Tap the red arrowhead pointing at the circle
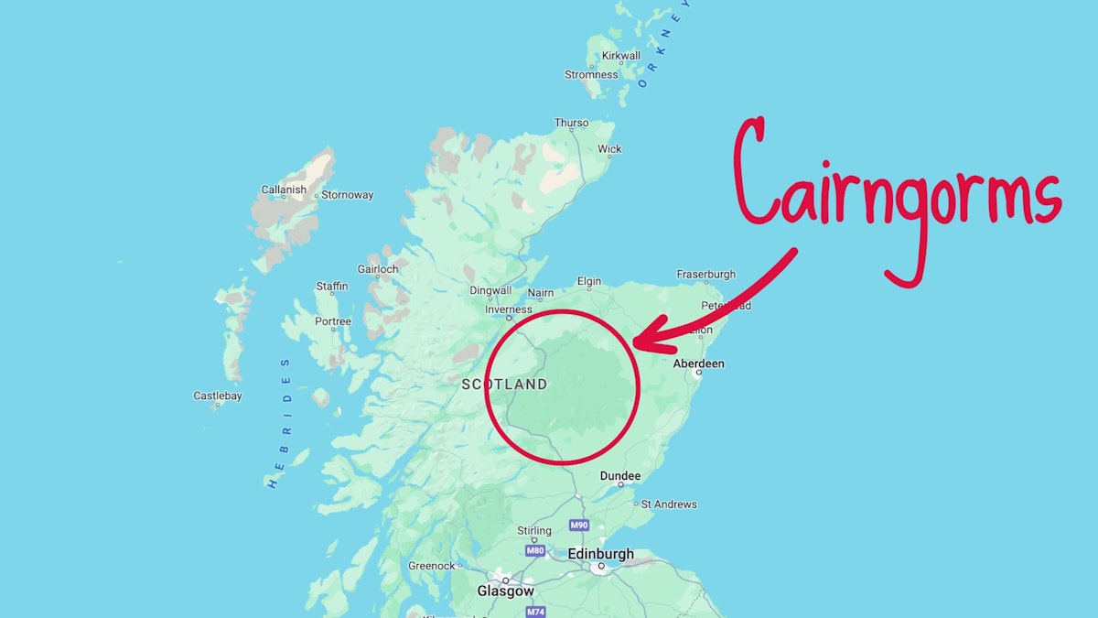coord(643,341)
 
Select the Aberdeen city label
coord(698,363)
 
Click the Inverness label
coord(508,309)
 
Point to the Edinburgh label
coord(600,554)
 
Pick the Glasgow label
coord(505,591)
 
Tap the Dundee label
coord(620,476)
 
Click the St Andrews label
coord(669,504)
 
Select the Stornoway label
coord(348,195)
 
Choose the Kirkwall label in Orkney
coord(620,56)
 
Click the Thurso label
coord(572,123)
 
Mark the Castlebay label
coord(217,396)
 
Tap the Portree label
coord(333,321)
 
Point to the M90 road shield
coord(578,526)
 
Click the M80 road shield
coord(535,550)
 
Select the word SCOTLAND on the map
coord(504,385)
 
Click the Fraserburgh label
coord(705,274)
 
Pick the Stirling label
coord(534,531)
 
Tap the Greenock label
coord(432,566)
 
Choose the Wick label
coord(609,149)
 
